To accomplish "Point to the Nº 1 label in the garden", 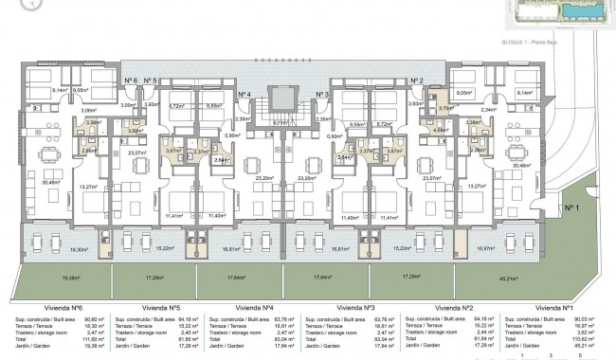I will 571,207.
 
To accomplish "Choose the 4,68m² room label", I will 440,131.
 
